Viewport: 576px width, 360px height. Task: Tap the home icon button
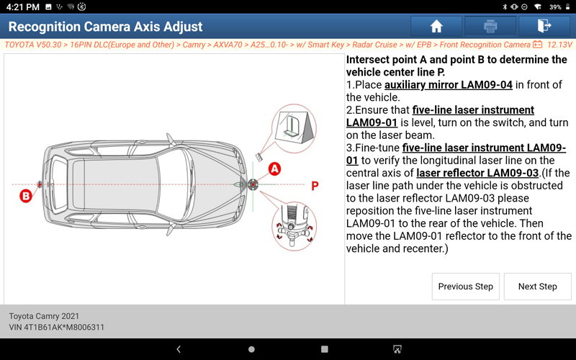pyautogui.click(x=436, y=26)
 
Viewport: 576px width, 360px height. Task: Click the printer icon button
pyautogui.click(x=490, y=26)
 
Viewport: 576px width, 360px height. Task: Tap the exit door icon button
pyautogui.click(x=544, y=26)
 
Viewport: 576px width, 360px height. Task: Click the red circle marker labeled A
pyautogui.click(x=274, y=169)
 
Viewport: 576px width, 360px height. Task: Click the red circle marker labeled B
pyautogui.click(x=26, y=196)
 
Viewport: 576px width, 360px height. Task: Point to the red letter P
pyautogui.click(x=315, y=186)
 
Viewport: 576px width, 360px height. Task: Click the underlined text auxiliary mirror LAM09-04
pyautogui.click(x=448, y=85)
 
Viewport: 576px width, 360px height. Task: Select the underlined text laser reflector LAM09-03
pyautogui.click(x=477, y=173)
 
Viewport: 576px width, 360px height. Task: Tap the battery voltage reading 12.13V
pyautogui.click(x=559, y=45)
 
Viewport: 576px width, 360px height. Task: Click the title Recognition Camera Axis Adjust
pyautogui.click(x=105, y=27)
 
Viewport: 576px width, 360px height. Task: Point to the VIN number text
pyautogui.click(x=57, y=327)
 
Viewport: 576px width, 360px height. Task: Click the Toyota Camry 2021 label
pyautogui.click(x=44, y=316)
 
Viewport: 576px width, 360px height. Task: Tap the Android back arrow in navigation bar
pyautogui.click(x=179, y=349)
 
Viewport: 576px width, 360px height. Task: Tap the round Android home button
pyautogui.click(x=251, y=349)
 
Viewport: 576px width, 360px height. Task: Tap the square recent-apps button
pyautogui.click(x=325, y=349)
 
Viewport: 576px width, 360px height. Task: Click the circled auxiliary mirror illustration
pyautogui.click(x=294, y=128)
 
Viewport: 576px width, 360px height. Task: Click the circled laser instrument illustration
pyautogui.click(x=293, y=226)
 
